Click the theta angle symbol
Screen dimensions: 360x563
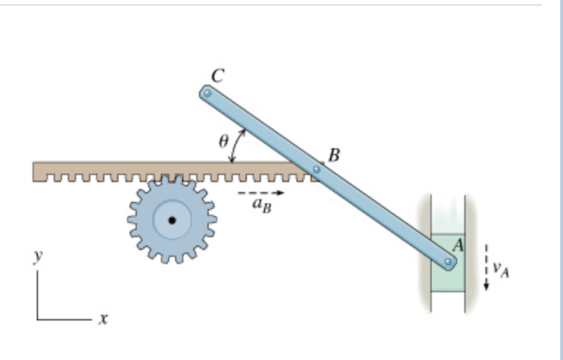tap(223, 141)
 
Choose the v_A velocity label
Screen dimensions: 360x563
tap(500, 268)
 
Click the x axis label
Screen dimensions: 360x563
tap(103, 319)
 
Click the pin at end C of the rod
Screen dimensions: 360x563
tap(207, 92)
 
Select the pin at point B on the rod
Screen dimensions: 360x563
tap(317, 169)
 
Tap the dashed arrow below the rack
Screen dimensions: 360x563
tap(260, 192)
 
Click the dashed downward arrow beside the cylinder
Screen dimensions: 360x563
tap(486, 268)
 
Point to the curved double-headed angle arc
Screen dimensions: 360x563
tap(238, 146)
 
